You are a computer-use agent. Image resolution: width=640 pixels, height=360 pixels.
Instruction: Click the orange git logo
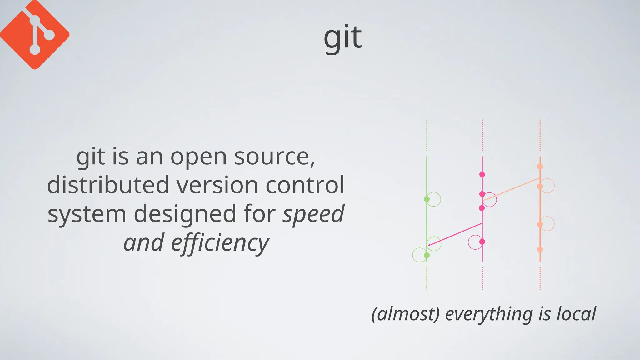click(34, 34)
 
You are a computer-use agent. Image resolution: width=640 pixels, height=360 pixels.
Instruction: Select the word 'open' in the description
click(198, 157)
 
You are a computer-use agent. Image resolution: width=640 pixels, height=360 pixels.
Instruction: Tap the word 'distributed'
click(108, 185)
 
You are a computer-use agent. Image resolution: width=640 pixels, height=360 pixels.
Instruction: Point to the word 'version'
click(217, 185)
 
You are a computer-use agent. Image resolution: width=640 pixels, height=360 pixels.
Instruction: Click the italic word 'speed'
click(313, 214)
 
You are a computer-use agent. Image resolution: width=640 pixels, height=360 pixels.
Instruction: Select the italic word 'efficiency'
click(220, 243)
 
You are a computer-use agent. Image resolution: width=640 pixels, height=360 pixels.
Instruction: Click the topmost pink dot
click(482, 174)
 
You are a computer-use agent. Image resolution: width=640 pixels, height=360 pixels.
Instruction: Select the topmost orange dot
click(540, 167)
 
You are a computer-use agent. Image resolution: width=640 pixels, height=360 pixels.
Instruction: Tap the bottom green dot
click(427, 255)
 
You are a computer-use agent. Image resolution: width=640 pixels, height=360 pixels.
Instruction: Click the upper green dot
click(427, 199)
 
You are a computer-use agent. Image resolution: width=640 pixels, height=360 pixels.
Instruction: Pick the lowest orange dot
click(540, 249)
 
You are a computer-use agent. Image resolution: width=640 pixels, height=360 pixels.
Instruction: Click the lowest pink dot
click(482, 242)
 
